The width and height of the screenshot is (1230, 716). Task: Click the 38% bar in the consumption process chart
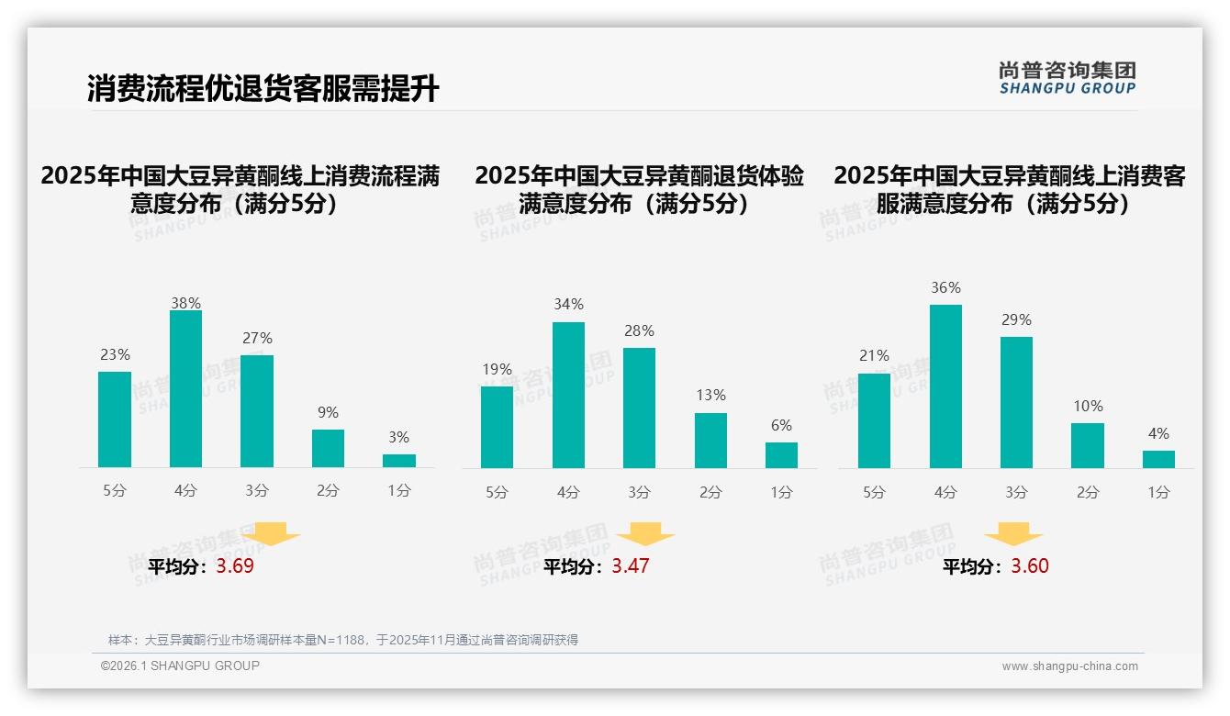(186, 389)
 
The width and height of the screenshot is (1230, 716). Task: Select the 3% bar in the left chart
(399, 461)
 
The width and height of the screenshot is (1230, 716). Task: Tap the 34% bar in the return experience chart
(568, 396)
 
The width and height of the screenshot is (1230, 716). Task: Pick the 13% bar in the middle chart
(710, 441)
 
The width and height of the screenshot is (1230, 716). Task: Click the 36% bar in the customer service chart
(945, 386)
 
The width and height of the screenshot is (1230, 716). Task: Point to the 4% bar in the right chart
(1158, 459)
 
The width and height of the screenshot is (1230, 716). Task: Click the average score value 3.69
(235, 566)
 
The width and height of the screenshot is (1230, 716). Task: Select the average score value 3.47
(631, 566)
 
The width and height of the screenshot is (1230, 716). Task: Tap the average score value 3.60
(1030, 566)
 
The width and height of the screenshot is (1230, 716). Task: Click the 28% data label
(639, 330)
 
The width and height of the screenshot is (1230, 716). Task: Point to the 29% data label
(1016, 319)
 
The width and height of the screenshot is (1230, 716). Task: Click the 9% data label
(328, 412)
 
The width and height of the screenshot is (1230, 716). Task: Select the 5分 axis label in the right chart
(874, 492)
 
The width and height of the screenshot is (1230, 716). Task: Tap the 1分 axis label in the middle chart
(781, 492)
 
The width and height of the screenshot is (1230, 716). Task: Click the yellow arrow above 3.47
(645, 535)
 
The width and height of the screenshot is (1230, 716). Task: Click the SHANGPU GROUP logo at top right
(1068, 78)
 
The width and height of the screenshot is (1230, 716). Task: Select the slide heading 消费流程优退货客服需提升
(263, 89)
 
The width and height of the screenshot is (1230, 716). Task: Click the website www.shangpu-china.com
(1069, 666)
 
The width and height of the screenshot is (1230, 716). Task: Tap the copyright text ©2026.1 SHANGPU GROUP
(180, 666)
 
